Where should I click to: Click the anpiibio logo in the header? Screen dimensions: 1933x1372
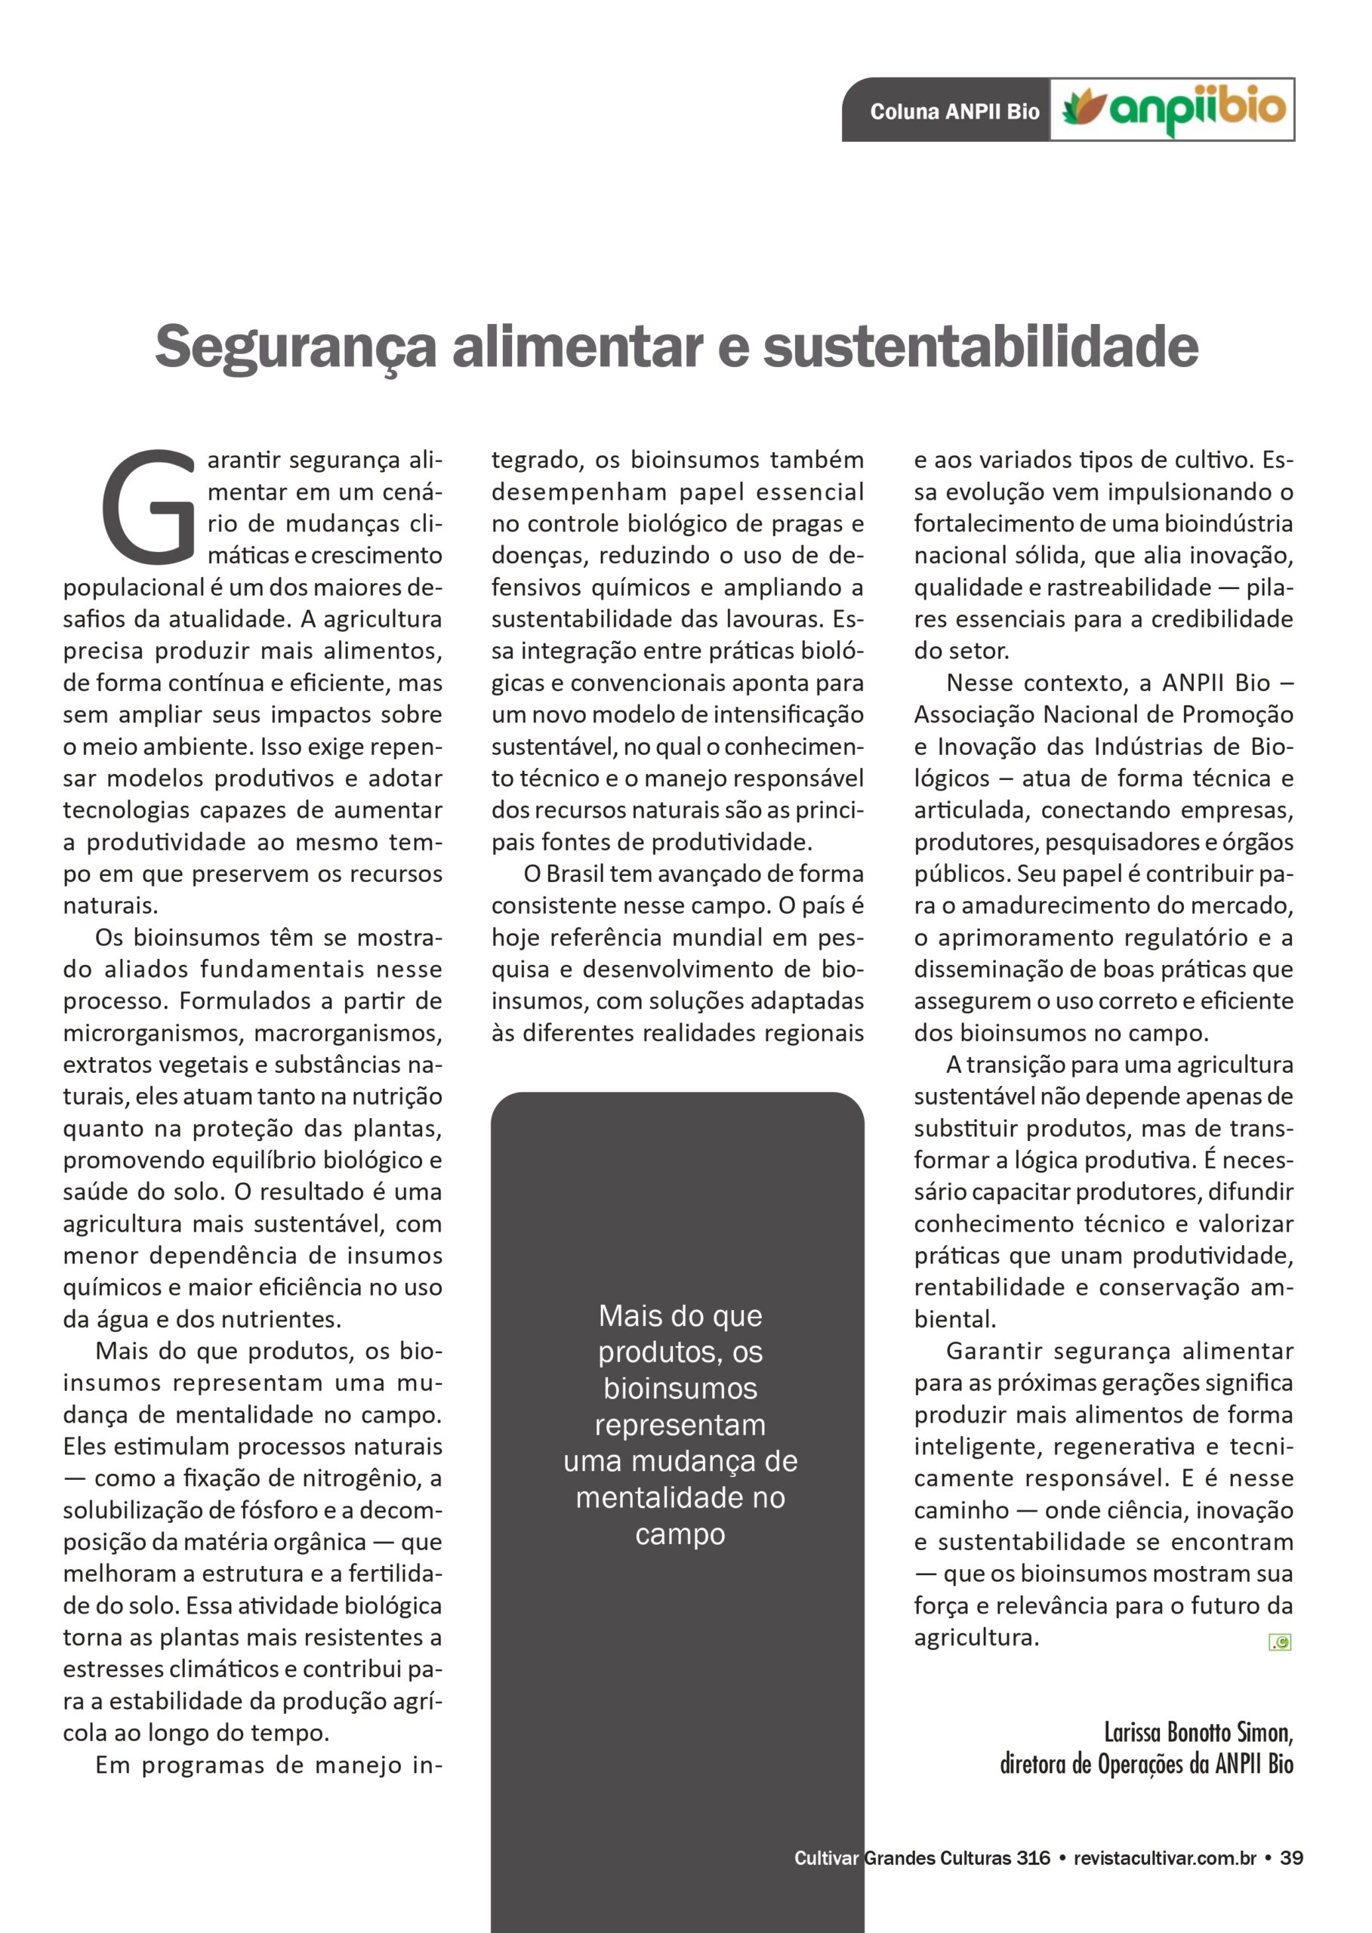(1173, 109)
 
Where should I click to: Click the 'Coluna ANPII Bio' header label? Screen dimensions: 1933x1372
(954, 112)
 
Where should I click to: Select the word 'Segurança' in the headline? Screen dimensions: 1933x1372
(296, 347)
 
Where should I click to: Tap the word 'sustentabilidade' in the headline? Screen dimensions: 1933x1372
(980, 347)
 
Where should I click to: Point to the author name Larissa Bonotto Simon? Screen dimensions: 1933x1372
(1198, 1733)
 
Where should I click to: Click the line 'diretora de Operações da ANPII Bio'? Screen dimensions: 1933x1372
(1146, 1764)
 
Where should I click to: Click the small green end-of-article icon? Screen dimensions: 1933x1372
(1280, 1642)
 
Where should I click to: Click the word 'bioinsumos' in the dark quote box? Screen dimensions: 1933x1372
(680, 1388)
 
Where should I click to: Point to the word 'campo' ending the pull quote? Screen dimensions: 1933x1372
(680, 1534)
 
